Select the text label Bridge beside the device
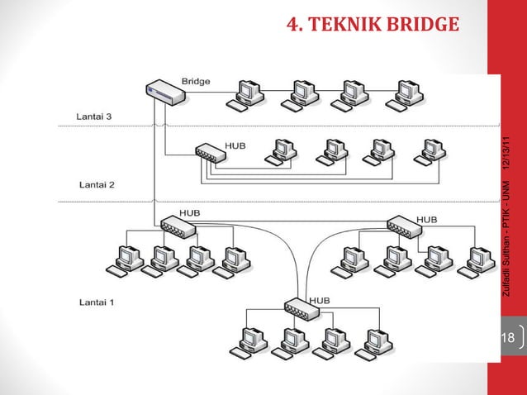pos(195,82)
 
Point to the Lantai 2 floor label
pos(97,185)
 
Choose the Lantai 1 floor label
pos(97,302)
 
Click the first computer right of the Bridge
pos(248,95)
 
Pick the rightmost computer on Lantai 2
pos(428,151)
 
